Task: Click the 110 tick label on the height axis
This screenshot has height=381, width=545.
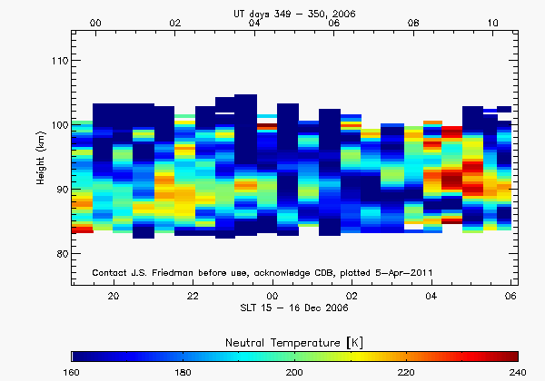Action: coord(59,61)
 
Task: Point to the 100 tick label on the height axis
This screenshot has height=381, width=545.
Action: coord(59,125)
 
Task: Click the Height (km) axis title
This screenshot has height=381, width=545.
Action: coord(41,157)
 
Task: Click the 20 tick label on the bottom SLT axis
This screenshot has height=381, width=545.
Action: coord(114,297)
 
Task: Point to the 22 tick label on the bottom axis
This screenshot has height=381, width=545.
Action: coord(193,297)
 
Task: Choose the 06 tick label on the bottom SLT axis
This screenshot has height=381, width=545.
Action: coord(510,297)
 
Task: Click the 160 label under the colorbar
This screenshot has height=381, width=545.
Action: coord(73,373)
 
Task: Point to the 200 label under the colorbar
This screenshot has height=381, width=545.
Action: coord(294,373)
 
